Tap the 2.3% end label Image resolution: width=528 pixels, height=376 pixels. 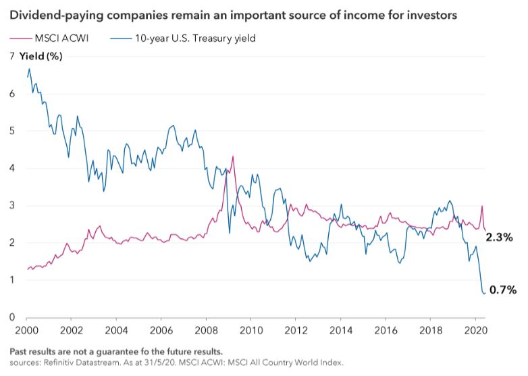click(x=500, y=237)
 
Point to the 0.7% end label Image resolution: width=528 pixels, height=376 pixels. click(x=502, y=290)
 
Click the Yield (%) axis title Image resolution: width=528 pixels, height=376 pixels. click(x=41, y=57)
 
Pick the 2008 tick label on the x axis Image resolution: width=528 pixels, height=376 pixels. click(x=205, y=331)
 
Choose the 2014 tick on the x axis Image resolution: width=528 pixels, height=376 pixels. click(x=340, y=331)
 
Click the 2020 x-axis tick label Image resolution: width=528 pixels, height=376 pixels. click(x=475, y=331)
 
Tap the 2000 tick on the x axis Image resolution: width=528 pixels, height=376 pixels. click(x=26, y=331)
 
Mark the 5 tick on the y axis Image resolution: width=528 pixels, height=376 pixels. click(x=11, y=131)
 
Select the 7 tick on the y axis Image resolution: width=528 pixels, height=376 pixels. click(x=11, y=57)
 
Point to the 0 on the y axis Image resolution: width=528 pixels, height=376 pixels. click(x=11, y=317)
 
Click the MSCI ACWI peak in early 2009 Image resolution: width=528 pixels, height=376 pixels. click(x=233, y=157)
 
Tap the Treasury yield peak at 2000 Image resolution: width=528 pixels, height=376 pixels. click(x=29, y=69)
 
